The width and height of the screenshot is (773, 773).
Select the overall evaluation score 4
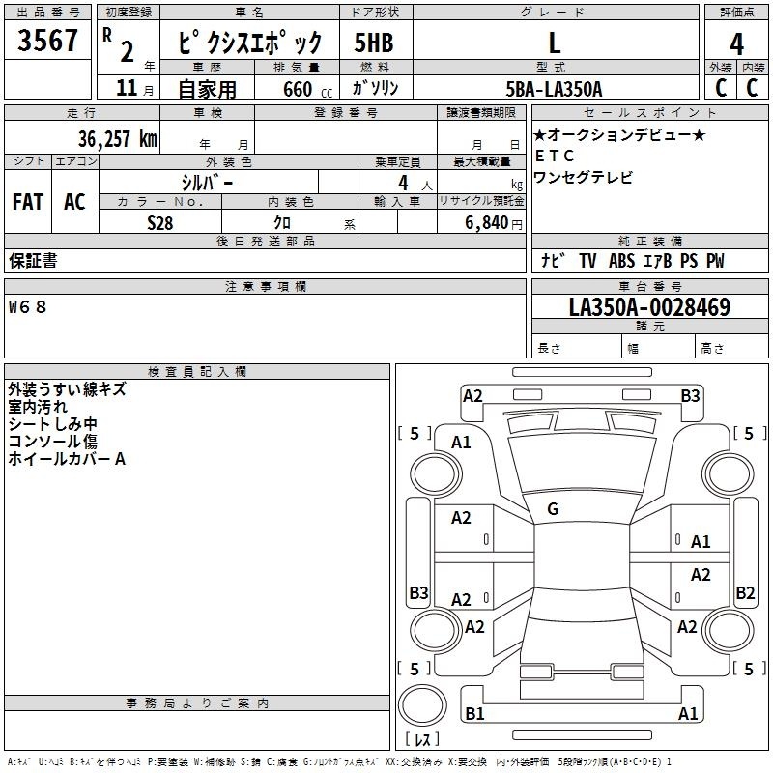[736, 43]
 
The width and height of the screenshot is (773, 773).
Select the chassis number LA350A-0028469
[649, 308]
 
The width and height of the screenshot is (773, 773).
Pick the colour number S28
[160, 221]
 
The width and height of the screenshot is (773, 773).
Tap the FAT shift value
[27, 201]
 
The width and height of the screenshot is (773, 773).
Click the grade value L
[555, 43]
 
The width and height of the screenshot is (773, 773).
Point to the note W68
[27, 307]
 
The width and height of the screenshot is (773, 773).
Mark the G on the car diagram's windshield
[553, 508]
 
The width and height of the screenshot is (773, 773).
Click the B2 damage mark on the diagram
[745, 592]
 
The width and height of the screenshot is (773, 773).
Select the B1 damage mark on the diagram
[474, 714]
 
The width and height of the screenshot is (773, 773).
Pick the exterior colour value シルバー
[207, 182]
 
